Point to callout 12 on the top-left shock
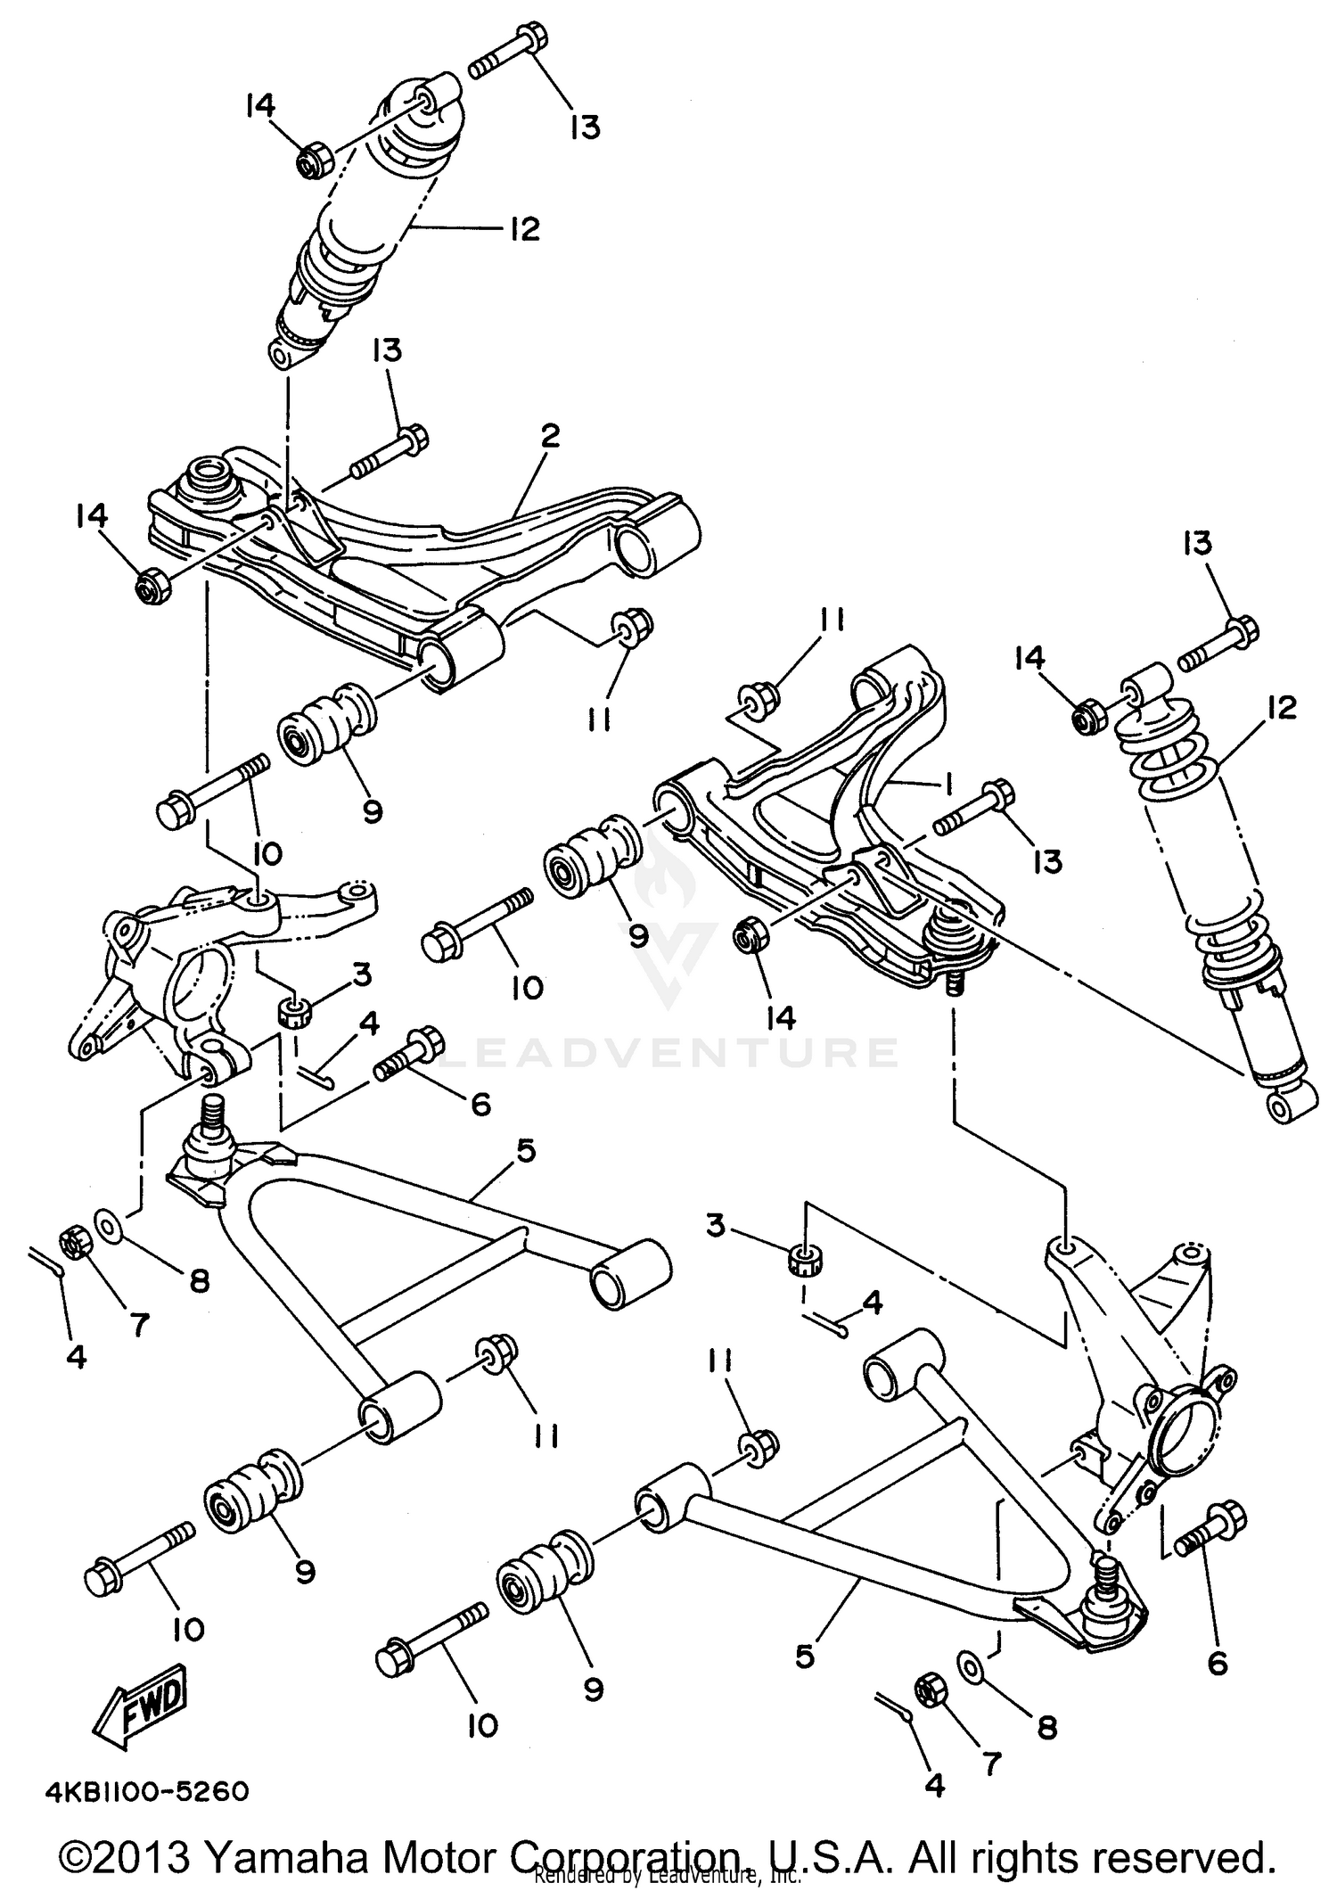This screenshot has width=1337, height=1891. (x=524, y=229)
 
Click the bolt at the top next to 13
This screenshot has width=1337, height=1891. (x=508, y=53)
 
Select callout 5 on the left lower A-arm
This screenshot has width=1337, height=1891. (x=525, y=1152)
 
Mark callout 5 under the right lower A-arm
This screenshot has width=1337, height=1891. (x=805, y=1657)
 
